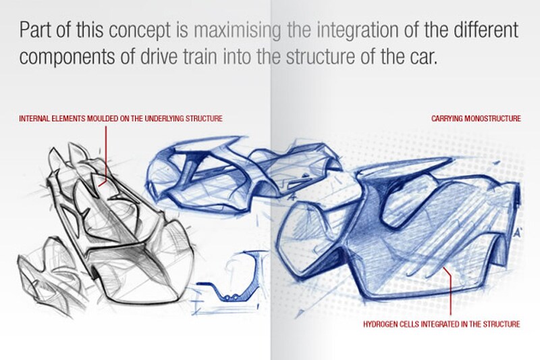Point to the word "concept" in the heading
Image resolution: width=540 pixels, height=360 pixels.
[x=128, y=31]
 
